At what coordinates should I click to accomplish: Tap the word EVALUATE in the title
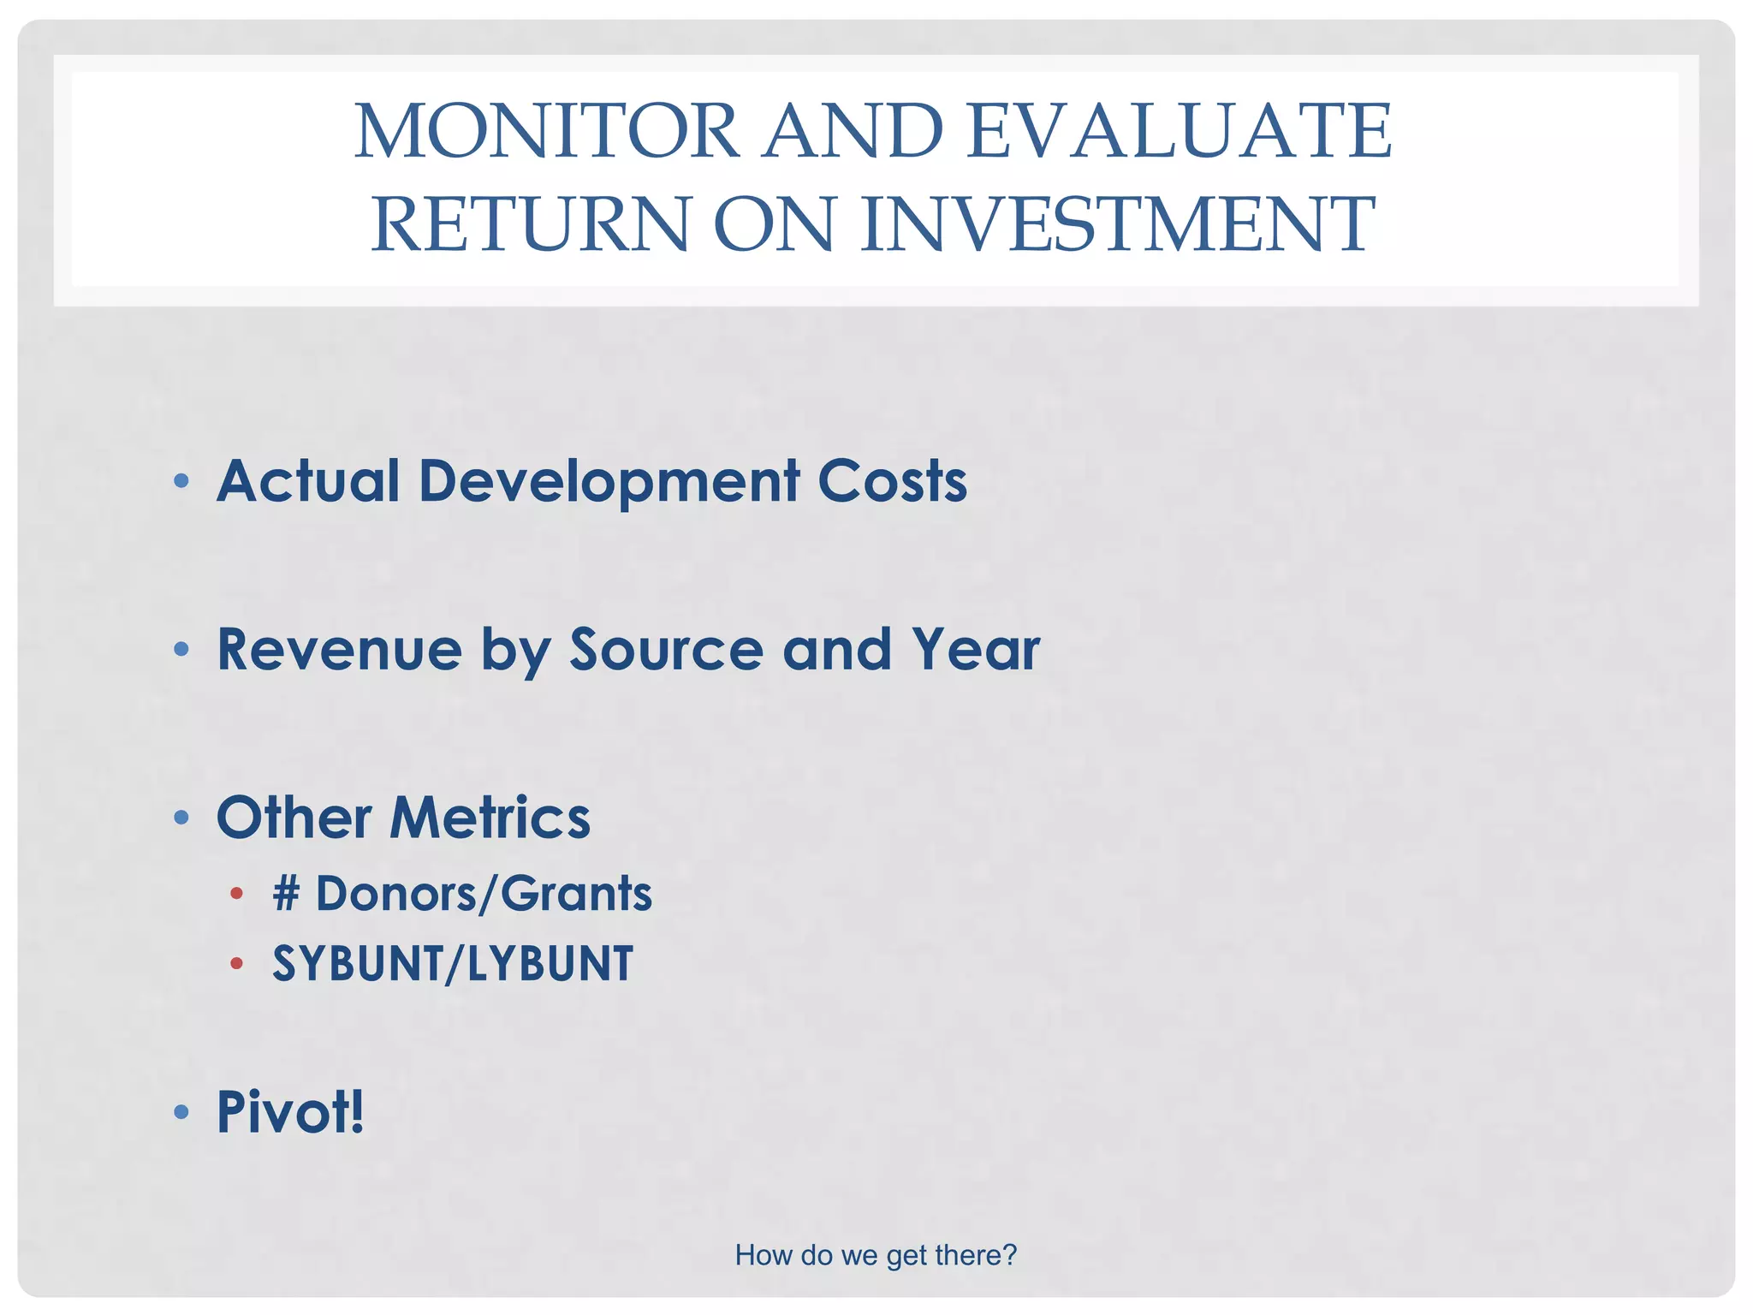click(1180, 131)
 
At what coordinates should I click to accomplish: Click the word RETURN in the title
click(530, 224)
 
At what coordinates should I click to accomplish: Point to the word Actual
click(308, 480)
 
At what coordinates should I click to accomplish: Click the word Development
click(609, 482)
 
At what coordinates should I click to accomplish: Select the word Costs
click(892, 480)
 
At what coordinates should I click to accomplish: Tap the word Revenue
click(339, 649)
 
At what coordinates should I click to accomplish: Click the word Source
click(666, 649)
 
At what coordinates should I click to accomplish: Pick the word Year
click(975, 649)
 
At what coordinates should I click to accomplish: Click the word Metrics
click(490, 818)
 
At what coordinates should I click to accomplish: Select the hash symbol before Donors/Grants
click(287, 894)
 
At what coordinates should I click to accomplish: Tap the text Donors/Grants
click(484, 894)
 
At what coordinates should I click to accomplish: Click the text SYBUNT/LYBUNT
click(453, 964)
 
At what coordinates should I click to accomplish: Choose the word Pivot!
click(290, 1112)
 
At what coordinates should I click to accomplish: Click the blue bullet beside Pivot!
click(181, 1112)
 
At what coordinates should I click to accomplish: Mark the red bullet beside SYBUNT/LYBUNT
click(237, 964)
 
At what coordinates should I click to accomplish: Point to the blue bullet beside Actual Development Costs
click(181, 481)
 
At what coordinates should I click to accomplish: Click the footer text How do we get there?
click(876, 1255)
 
